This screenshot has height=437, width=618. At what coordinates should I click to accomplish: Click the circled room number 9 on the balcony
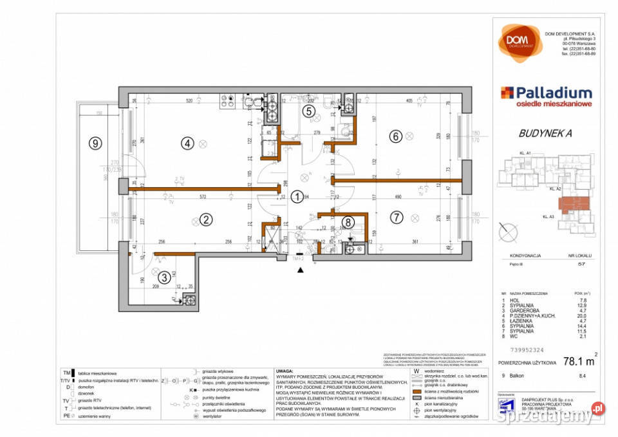click(x=95, y=144)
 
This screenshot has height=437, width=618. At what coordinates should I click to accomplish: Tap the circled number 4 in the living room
click(x=187, y=144)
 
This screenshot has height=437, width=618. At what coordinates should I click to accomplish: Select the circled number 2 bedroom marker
click(x=206, y=219)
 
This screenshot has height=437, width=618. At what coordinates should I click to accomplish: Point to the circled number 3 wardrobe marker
click(x=165, y=277)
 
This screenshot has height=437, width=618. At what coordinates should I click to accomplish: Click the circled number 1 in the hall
click(x=297, y=197)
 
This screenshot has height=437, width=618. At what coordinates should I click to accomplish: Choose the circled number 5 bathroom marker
click(x=309, y=111)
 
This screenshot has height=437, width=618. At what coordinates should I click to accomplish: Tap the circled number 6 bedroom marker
click(x=395, y=136)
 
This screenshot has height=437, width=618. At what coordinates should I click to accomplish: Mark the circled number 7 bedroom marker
click(x=395, y=219)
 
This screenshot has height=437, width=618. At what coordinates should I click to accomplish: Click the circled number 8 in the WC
click(x=348, y=223)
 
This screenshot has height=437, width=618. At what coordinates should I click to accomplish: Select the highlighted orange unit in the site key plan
click(x=572, y=205)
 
